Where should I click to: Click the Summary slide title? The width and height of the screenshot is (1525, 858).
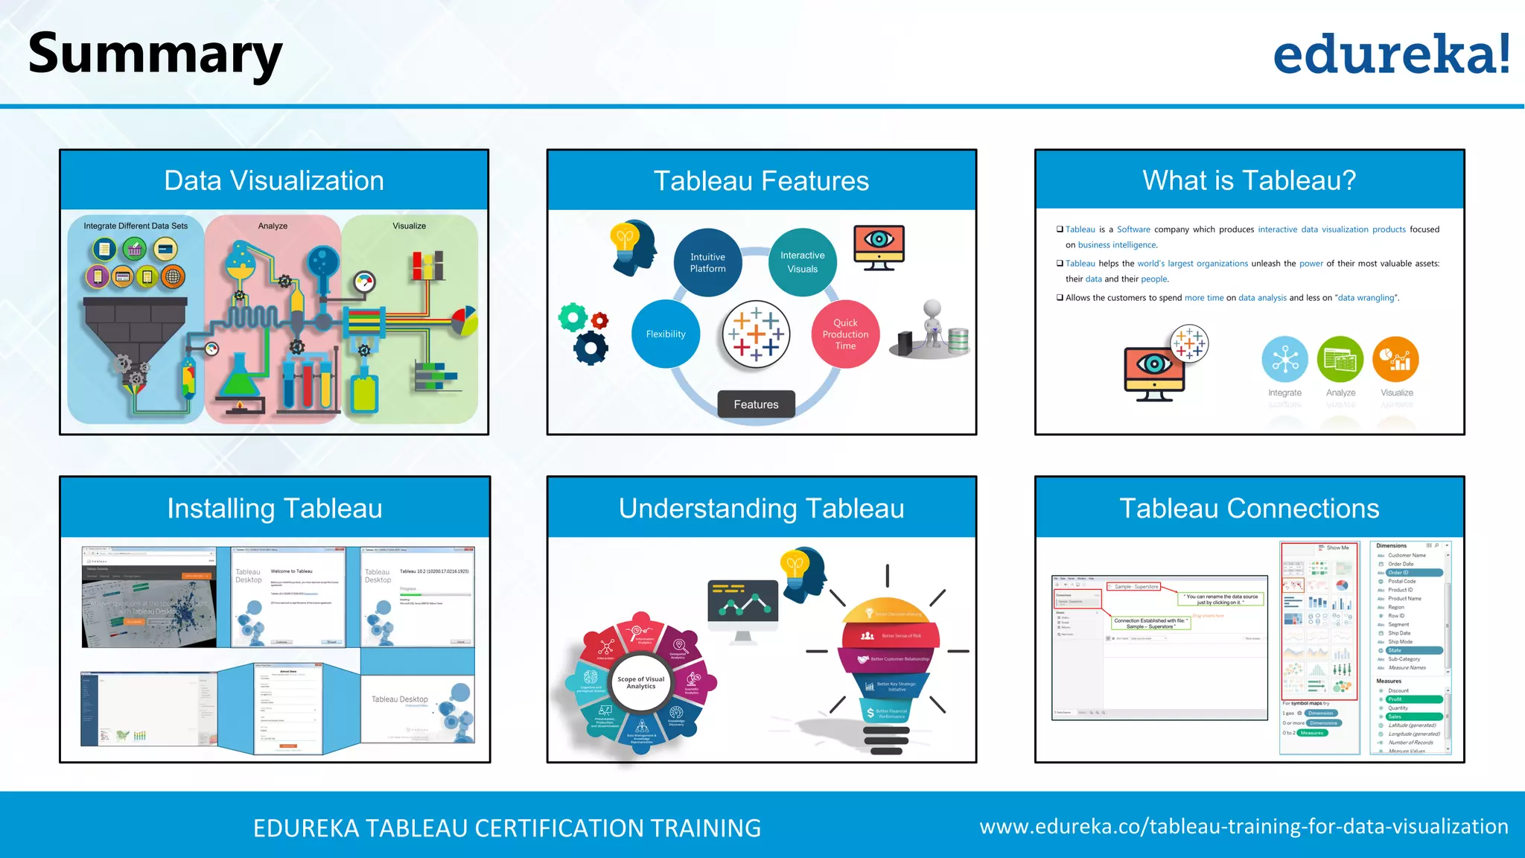[155, 55]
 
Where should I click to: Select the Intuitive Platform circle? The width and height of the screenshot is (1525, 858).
[707, 262]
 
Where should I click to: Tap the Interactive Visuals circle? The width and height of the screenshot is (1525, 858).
[802, 262]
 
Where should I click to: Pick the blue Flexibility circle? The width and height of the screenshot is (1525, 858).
[666, 334]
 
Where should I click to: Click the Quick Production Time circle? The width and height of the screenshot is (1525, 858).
[845, 334]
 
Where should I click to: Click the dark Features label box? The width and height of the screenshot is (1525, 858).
[756, 404]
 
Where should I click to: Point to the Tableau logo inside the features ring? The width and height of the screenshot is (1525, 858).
[756, 334]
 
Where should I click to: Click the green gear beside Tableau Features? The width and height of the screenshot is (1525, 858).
[573, 318]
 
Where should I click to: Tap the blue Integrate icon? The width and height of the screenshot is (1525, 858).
[1284, 359]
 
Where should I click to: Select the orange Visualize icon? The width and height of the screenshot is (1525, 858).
[1395, 359]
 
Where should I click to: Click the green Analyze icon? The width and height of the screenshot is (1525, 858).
[1340, 359]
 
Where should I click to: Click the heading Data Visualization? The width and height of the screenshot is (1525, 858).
[274, 180]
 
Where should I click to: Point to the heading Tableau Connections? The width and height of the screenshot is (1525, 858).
[1249, 508]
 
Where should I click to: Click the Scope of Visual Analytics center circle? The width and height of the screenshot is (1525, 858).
[640, 682]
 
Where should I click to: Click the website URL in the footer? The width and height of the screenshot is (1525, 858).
[1244, 827]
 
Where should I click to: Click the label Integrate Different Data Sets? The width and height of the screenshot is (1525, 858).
[136, 226]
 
